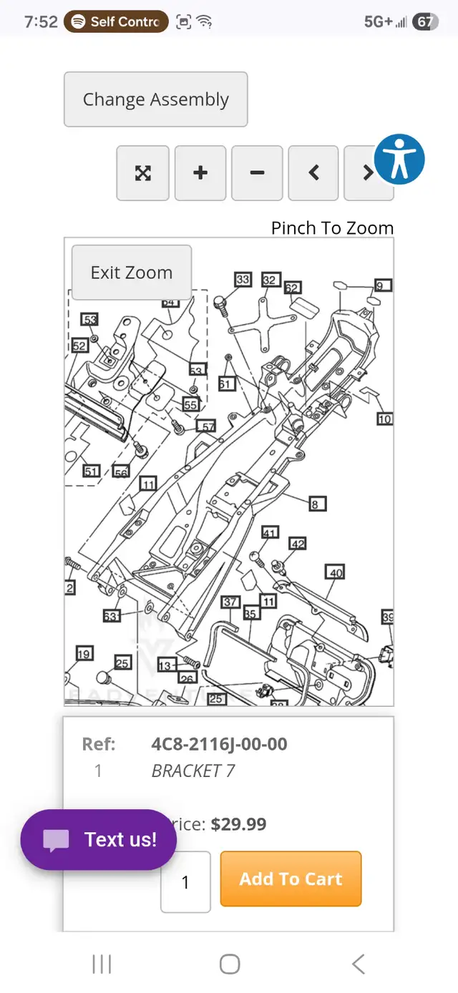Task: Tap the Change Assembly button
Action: [x=155, y=99]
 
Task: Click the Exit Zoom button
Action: [x=131, y=273]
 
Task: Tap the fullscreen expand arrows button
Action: [x=143, y=173]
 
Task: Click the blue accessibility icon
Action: [x=399, y=158]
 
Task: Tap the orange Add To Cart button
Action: [x=291, y=879]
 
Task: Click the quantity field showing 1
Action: [x=185, y=882]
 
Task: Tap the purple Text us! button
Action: [x=99, y=839]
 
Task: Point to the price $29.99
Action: [x=238, y=824]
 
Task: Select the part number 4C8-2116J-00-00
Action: [x=219, y=744]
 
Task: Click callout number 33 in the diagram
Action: [x=243, y=279]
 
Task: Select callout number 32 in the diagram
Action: [x=269, y=279]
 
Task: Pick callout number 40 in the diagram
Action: [x=336, y=572]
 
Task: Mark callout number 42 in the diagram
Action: [x=298, y=544]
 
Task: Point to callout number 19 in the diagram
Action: [x=84, y=653]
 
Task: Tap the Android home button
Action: [x=229, y=964]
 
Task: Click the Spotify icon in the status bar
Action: [x=78, y=22]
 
